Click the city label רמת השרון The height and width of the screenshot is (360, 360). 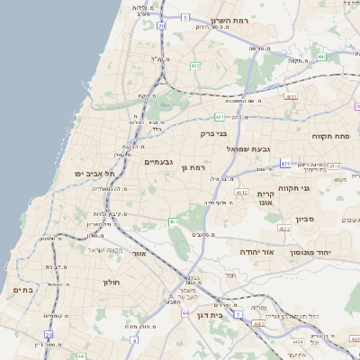pyautogui.click(x=229, y=20)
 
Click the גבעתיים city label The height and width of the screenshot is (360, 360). pyautogui.click(x=158, y=161)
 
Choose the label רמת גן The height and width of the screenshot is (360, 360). pyautogui.click(x=193, y=167)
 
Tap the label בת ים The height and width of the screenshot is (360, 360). pyautogui.click(x=22, y=290)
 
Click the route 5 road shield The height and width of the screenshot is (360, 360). pyautogui.click(x=184, y=17)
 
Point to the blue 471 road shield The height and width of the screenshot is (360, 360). pyautogui.click(x=284, y=163)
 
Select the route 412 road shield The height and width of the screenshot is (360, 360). pyautogui.click(x=240, y=192)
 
